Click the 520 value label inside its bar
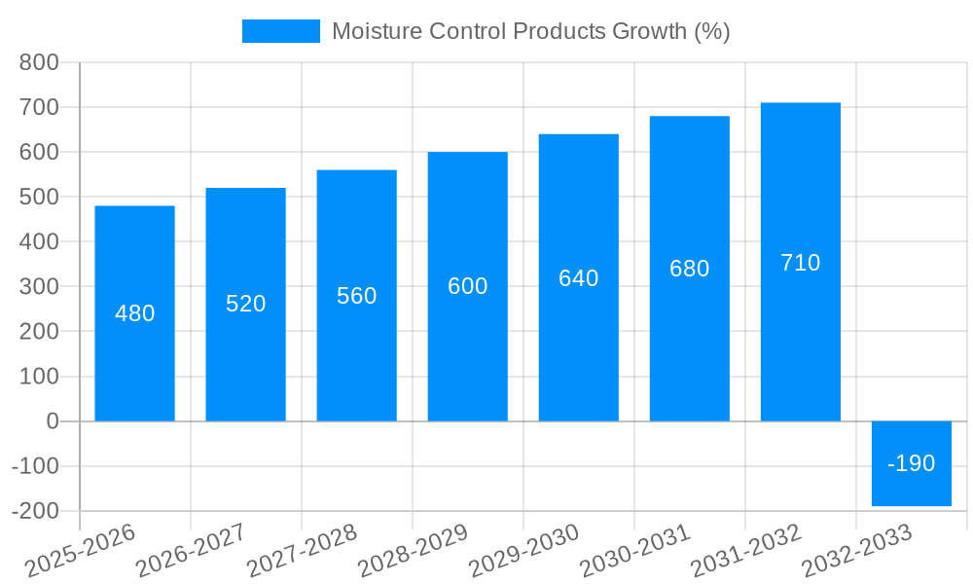(x=245, y=304)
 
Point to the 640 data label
(x=578, y=278)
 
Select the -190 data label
(x=912, y=463)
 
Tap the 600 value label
(x=467, y=286)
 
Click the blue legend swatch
(x=280, y=31)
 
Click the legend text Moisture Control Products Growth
(x=530, y=31)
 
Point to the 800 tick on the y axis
(x=39, y=62)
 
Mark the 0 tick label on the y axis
(x=52, y=421)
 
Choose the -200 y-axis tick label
(x=35, y=511)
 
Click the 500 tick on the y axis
(x=39, y=197)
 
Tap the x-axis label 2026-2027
(x=191, y=551)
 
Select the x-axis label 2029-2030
(x=523, y=551)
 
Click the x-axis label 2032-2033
(x=856, y=551)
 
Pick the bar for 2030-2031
(x=689, y=350)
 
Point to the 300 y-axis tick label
(x=39, y=286)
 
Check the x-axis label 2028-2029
(x=413, y=551)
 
